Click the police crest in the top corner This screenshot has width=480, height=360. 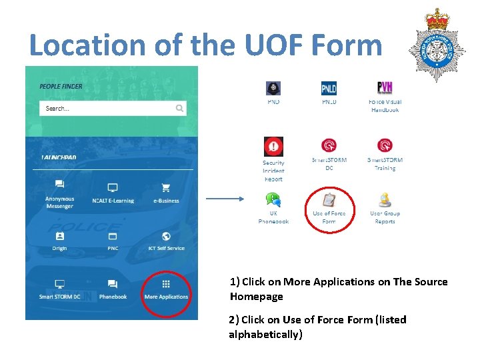click(x=437, y=45)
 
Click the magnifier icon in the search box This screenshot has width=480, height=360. click(x=179, y=108)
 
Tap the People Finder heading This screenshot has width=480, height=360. click(x=61, y=87)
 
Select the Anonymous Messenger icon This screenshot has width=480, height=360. click(x=59, y=185)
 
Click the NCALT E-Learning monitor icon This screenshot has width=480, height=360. click(x=113, y=188)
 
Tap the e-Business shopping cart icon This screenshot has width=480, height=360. click(x=166, y=188)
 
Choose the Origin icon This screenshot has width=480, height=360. click(x=59, y=236)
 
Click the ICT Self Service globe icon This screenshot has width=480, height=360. click(x=166, y=236)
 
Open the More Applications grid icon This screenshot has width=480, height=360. click(x=166, y=284)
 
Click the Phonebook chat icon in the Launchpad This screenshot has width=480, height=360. click(x=113, y=285)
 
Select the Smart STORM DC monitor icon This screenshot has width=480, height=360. click(x=59, y=285)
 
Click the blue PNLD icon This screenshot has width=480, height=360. click(x=329, y=89)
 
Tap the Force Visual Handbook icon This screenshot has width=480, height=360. click(x=385, y=89)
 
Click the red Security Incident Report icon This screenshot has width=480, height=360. click(x=273, y=147)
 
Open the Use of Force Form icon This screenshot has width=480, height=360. click(x=329, y=200)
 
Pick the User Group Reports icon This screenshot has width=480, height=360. click(x=385, y=200)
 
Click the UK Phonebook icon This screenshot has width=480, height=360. click(x=273, y=199)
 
